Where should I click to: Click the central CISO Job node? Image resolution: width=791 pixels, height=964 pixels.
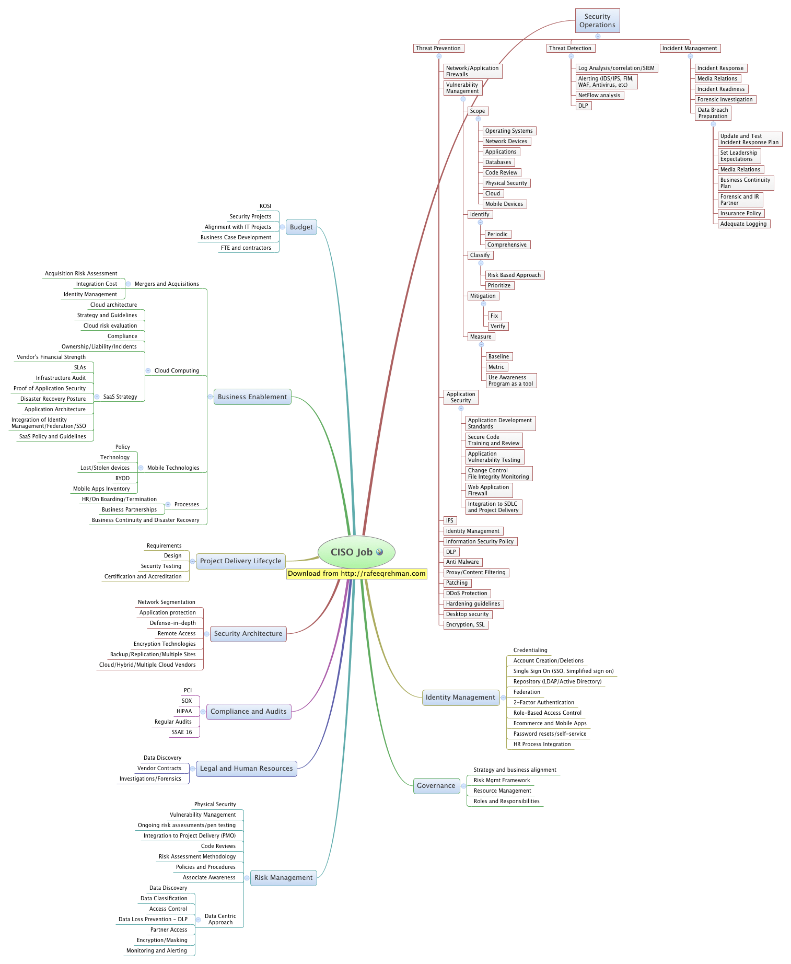pyautogui.click(x=351, y=552)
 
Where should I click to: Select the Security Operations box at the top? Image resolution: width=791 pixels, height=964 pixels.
pyautogui.click(x=597, y=21)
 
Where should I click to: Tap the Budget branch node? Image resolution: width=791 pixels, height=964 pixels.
pyautogui.click(x=301, y=227)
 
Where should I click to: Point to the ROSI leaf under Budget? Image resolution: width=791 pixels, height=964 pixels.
pyautogui.click(x=265, y=206)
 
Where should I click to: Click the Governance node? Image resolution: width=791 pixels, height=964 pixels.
pyautogui.click(x=436, y=786)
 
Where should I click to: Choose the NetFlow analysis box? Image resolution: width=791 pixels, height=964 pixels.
pyautogui.click(x=599, y=96)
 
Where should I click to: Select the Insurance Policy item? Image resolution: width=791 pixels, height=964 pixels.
pyautogui.click(x=740, y=214)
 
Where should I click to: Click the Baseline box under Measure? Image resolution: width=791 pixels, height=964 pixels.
pyautogui.click(x=498, y=357)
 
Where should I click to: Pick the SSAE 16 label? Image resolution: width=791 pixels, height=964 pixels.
pyautogui.click(x=182, y=733)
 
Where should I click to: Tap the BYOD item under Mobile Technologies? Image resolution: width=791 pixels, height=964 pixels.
pyautogui.click(x=122, y=479)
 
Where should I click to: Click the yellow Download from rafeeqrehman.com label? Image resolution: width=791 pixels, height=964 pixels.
pyautogui.click(x=357, y=574)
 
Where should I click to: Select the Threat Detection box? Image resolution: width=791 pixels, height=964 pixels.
pyautogui.click(x=570, y=49)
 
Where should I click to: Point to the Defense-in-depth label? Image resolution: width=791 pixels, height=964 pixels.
pyautogui.click(x=173, y=623)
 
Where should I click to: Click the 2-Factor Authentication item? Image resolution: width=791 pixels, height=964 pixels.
pyautogui.click(x=543, y=703)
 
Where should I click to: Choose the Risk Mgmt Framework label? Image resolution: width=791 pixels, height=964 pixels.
pyautogui.click(x=502, y=781)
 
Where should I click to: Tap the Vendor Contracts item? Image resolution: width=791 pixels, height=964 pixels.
pyautogui.click(x=159, y=769)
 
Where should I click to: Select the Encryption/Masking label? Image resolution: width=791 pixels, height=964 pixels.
pyautogui.click(x=162, y=940)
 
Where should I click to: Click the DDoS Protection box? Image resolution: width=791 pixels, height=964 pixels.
pyautogui.click(x=467, y=594)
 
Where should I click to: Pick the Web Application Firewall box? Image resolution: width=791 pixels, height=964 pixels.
pyautogui.click(x=488, y=491)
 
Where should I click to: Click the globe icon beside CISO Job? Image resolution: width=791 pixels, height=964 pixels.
pyautogui.click(x=380, y=552)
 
